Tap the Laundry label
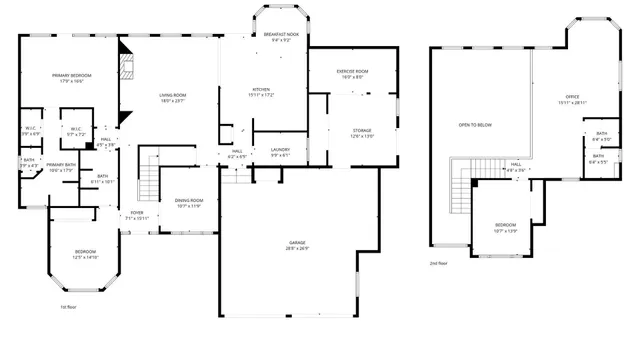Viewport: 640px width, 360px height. tap(280, 152)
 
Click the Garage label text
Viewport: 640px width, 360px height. tap(297, 245)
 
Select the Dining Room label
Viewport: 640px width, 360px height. tap(189, 203)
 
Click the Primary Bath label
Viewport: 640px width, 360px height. tap(61, 167)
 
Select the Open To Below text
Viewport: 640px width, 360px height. tap(475, 125)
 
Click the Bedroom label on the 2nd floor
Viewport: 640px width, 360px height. tap(505, 227)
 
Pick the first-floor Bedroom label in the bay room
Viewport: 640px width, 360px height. tap(85, 254)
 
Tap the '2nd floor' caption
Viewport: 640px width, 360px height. tap(439, 263)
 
